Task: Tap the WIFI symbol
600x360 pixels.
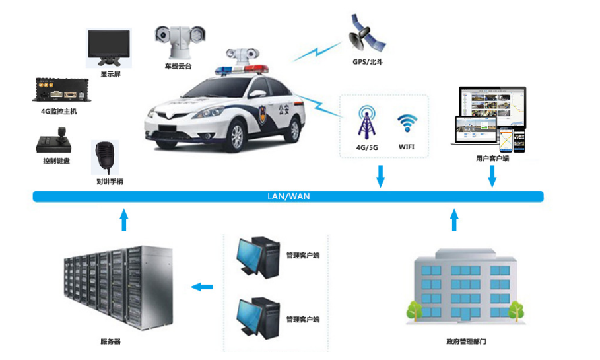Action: [407, 124]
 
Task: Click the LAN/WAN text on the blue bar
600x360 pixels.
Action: [288, 196]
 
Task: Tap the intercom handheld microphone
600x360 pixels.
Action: [105, 157]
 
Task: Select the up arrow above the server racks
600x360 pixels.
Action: [123, 219]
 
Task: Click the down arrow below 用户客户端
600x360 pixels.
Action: [492, 176]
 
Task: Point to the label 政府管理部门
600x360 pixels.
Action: [466, 342]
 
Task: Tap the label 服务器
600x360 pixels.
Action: [110, 342]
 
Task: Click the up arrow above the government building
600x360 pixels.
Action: [453, 219]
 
